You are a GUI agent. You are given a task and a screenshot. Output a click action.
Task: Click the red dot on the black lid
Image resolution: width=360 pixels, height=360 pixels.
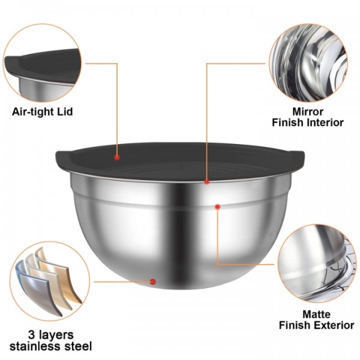tap(117, 157)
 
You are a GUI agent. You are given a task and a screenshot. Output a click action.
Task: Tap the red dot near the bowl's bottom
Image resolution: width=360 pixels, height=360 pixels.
tap(153, 281)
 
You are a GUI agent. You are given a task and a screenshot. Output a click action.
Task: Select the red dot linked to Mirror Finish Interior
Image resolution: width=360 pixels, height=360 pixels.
tap(207, 181)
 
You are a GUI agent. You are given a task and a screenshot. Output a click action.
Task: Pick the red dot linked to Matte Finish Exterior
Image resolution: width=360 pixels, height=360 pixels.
tap(217, 206)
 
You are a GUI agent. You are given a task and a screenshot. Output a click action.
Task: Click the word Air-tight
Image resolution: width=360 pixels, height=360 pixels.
tap(33, 112)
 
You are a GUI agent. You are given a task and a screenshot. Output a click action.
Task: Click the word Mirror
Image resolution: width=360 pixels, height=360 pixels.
tap(308, 111)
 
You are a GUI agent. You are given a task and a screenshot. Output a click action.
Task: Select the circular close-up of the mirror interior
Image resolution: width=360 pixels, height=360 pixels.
tap(307, 64)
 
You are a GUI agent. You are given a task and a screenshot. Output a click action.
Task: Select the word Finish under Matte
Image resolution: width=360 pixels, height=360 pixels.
tap(294, 325)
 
